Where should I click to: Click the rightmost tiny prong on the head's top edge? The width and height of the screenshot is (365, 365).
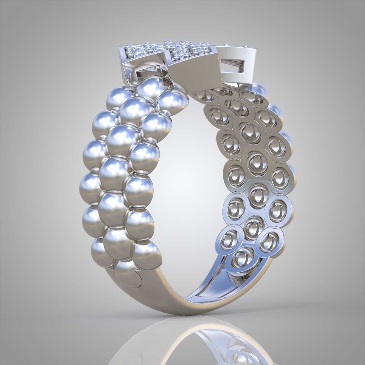(245, 46)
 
